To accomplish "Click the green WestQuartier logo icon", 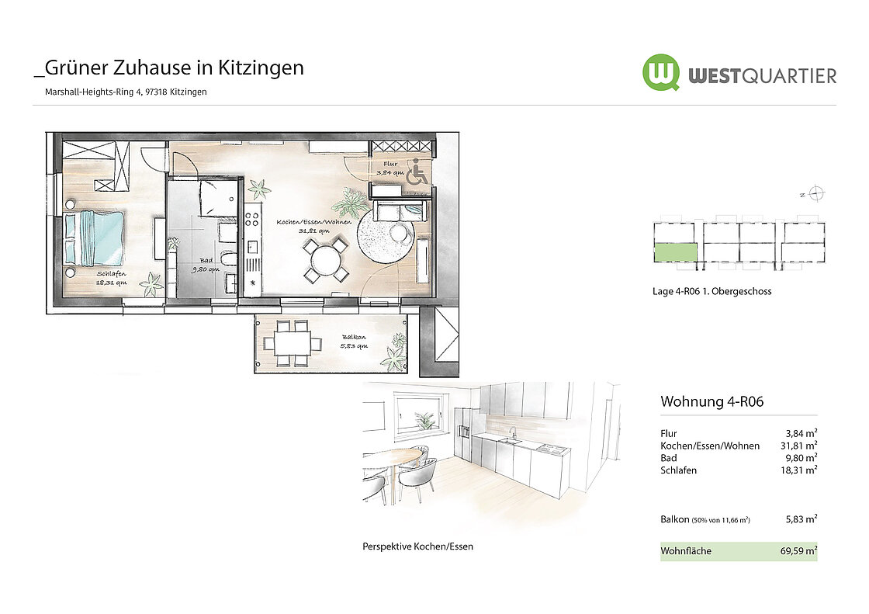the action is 661,73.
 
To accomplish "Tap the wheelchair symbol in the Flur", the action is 417,172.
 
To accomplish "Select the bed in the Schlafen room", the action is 94,238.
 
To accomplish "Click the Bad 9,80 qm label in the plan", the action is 206,265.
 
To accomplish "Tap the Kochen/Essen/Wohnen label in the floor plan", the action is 313,227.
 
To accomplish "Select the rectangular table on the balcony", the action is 293,343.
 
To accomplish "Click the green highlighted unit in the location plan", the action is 676,252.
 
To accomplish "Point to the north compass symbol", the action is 815,193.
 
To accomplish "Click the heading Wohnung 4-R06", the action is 712,401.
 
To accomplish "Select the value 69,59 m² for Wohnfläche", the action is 798,551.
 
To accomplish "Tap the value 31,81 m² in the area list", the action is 798,446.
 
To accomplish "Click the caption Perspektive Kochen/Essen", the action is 418,546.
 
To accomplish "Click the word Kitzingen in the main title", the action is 261,68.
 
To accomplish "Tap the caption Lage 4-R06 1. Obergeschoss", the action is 711,291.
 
